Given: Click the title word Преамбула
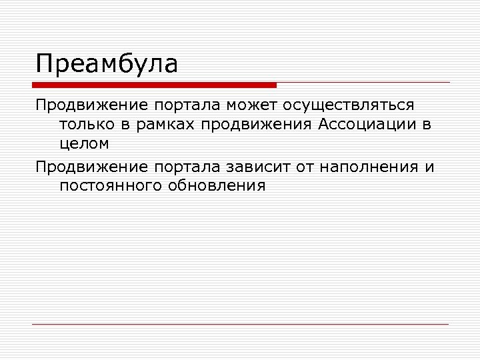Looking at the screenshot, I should click(107, 64).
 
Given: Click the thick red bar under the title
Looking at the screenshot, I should click(154, 85).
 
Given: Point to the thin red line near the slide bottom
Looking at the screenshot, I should click(240, 325).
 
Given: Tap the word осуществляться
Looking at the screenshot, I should click(348, 105).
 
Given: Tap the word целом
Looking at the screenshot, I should click(84, 143).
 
